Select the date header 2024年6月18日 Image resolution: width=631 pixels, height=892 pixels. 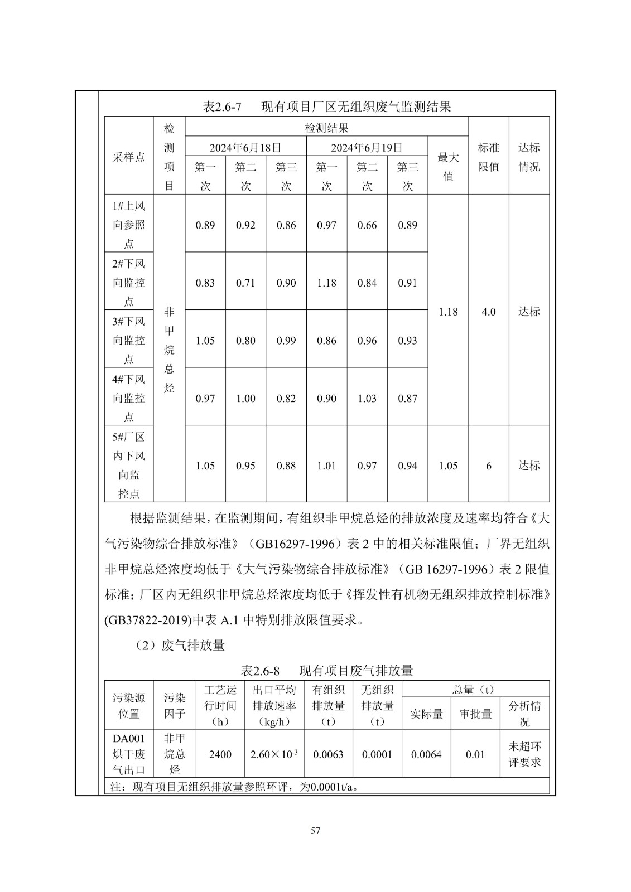pyautogui.click(x=245, y=148)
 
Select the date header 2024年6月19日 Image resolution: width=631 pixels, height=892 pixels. pyautogui.click(x=367, y=148)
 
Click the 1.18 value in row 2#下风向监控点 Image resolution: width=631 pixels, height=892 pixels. pyautogui.click(x=326, y=283)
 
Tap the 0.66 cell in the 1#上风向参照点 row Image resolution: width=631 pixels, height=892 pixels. pyautogui.click(x=367, y=226)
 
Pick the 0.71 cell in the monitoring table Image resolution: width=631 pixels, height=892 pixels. pyautogui.click(x=245, y=283)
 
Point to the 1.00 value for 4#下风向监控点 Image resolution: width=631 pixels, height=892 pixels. pyautogui.click(x=245, y=399)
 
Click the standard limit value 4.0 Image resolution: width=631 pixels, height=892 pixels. pyautogui.click(x=489, y=312)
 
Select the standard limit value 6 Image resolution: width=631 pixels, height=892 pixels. pyautogui.click(x=489, y=466)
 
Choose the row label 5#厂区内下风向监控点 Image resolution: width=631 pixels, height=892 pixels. pyautogui.click(x=129, y=466)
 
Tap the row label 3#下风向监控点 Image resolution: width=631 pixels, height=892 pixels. pyautogui.click(x=129, y=340)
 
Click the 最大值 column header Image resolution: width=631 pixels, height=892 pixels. pyautogui.click(x=448, y=167)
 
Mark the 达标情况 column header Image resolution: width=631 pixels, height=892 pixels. pyautogui.click(x=529, y=157)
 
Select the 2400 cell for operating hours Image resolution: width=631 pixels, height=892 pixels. pyautogui.click(x=220, y=755)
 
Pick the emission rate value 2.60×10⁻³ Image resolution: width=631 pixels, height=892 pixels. pyautogui.click(x=274, y=755)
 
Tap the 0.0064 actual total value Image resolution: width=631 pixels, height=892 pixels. pyautogui.click(x=426, y=755)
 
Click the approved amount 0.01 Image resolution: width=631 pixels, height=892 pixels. pyautogui.click(x=475, y=755)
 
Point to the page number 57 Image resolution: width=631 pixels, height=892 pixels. pyautogui.click(x=315, y=831)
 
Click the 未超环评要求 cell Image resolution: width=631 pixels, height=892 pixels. pyautogui.click(x=524, y=754)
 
